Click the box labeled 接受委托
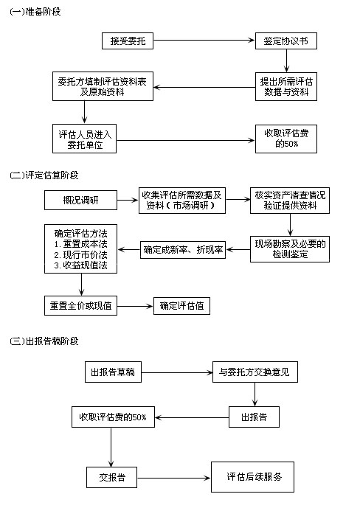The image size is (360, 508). tap(128, 41)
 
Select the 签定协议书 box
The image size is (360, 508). tap(285, 41)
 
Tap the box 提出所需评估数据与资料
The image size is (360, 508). tap(285, 86)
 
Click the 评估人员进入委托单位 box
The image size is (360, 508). tap(84, 139)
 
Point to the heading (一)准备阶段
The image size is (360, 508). tap(35, 12)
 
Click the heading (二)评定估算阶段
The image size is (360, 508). tap(44, 175)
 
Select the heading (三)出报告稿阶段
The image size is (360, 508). tap(44, 341)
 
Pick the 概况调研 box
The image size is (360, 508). tap(80, 201)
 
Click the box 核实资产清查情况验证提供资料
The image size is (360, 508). tap(290, 201)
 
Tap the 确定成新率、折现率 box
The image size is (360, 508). tap(183, 249)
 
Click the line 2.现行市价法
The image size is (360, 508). tap(80, 254)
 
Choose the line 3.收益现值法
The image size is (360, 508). tap(80, 265)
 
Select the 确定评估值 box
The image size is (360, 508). tap(181, 306)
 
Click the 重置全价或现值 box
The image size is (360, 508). tap(80, 305)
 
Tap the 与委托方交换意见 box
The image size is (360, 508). tap(255, 372)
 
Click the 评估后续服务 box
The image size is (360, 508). tap(252, 477)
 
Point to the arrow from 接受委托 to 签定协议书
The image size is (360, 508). tap(204, 41)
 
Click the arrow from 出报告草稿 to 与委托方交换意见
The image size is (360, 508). tap(177, 372)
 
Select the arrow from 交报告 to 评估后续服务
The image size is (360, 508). tap(174, 478)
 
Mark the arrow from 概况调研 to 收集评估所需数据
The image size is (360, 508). tap(128, 201)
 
